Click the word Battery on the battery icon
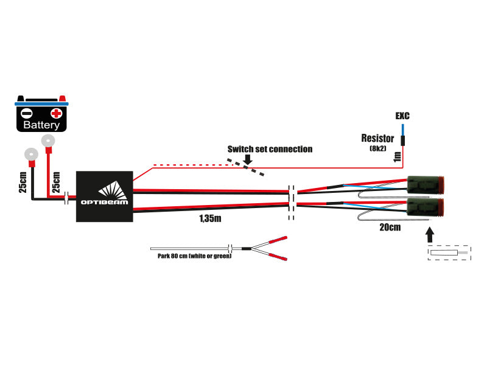pyautogui.click(x=41, y=125)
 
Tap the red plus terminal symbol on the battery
pyautogui.click(x=56, y=113)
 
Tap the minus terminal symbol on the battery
pyautogui.click(x=26, y=113)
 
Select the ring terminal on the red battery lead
pyautogui.click(x=47, y=141)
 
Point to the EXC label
pyautogui.click(x=402, y=116)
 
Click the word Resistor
pyautogui.click(x=377, y=138)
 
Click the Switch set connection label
pyautogui.click(x=270, y=149)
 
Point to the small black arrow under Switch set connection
pyautogui.click(x=247, y=159)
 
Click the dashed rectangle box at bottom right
pyautogui.click(x=449, y=252)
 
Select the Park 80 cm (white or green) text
pyautogui.click(x=191, y=255)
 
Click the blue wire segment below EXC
pyautogui.click(x=402, y=130)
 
